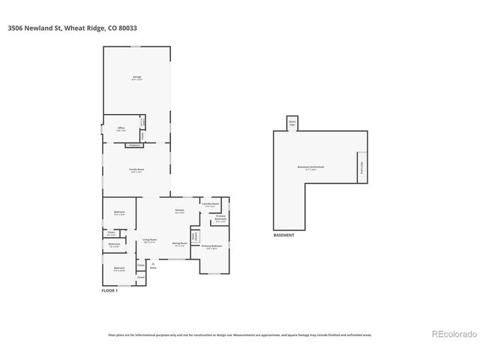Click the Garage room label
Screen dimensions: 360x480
pos(137,77)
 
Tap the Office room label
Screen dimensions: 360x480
pos(121,129)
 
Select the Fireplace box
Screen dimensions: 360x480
pos(135,145)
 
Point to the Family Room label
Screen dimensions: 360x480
pos(137,170)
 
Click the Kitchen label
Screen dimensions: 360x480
pos(179,211)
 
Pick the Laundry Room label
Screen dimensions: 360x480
pos(211,204)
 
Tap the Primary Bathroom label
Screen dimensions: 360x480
pos(220,218)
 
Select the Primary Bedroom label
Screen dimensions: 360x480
pos(211,247)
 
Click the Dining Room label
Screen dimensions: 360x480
pos(179,244)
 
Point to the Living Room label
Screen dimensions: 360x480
pos(149,241)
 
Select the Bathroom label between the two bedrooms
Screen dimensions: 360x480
pos(114,244)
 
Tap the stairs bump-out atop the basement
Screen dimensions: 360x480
pos(292,122)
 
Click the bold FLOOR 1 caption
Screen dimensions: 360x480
pos(111,289)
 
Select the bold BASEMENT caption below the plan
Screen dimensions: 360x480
pos(284,235)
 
